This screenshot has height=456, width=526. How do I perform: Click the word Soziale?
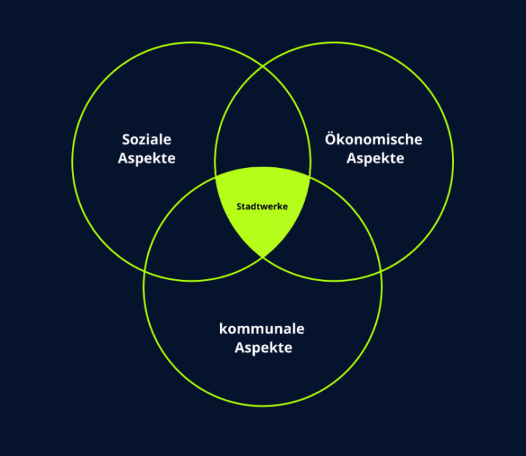click(147, 139)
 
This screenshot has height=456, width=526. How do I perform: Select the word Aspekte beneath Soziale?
click(147, 158)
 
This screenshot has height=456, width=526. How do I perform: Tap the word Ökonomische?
click(373, 139)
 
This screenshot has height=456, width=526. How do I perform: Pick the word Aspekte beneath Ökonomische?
click(375, 158)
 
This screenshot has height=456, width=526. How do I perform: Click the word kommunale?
click(262, 328)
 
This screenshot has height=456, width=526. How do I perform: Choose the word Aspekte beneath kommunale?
click(263, 348)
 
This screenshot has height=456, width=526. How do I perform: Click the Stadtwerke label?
click(262, 206)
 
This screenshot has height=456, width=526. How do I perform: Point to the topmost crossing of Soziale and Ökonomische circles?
click(263, 67)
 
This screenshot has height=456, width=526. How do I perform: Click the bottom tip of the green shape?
click(263, 257)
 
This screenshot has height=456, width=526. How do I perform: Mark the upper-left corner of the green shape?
click(215, 177)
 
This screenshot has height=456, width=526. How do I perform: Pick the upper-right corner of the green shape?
click(310, 177)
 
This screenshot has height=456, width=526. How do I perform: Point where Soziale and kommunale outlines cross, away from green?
click(145, 271)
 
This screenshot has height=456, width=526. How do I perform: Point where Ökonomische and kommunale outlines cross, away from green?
click(381, 271)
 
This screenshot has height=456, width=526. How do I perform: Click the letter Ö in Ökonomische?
click(330, 138)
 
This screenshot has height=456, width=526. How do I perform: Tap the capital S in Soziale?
click(126, 139)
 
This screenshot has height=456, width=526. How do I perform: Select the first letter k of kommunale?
click(223, 328)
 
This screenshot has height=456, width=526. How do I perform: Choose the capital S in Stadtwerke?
click(239, 206)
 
